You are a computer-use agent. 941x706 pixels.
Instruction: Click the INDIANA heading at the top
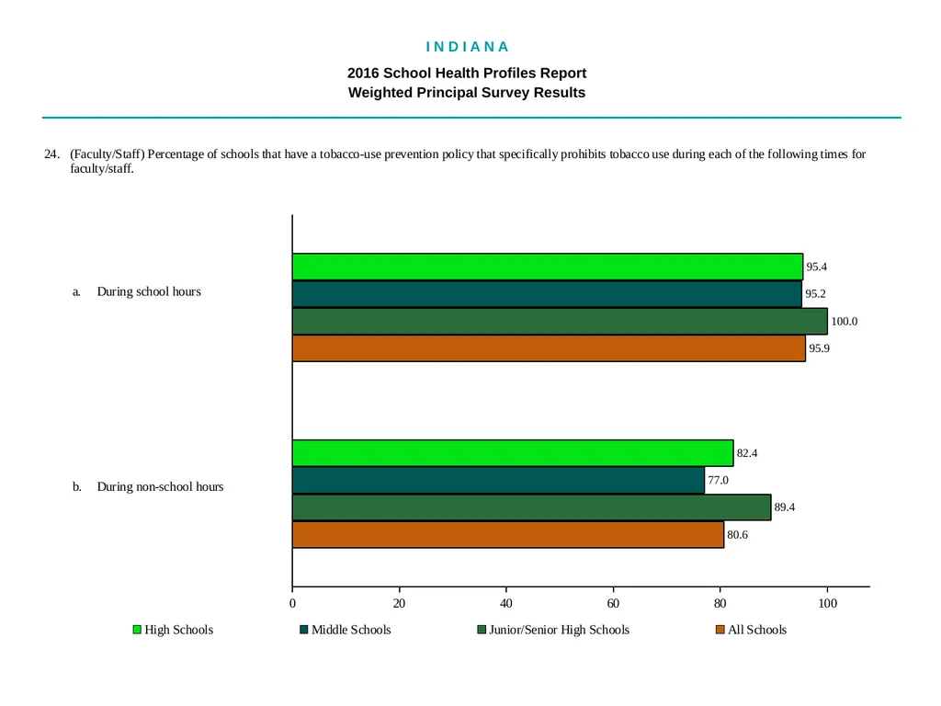pyautogui.click(x=468, y=47)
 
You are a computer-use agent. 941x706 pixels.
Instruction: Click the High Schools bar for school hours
pyautogui.click(x=548, y=267)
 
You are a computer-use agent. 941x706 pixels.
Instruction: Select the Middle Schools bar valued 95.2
pyautogui.click(x=547, y=294)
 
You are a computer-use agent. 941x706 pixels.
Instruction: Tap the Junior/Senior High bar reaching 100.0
pyautogui.click(x=560, y=321)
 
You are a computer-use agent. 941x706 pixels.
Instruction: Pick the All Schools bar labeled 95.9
pyautogui.click(x=549, y=348)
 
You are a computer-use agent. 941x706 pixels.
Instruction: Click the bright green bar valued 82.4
pyautogui.click(x=513, y=452)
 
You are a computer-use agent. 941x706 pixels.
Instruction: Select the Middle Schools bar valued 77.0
pyautogui.click(x=498, y=480)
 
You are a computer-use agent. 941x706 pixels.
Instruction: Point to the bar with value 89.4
pyautogui.click(x=532, y=507)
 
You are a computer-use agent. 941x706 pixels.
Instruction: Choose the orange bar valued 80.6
pyautogui.click(x=507, y=534)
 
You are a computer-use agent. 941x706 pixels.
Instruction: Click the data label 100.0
pyautogui.click(x=844, y=321)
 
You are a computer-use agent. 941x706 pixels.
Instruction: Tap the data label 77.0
pyautogui.click(x=718, y=480)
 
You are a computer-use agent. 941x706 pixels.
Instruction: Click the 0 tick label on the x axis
pyautogui.click(x=292, y=603)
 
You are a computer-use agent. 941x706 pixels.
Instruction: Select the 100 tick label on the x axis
pyautogui.click(x=828, y=603)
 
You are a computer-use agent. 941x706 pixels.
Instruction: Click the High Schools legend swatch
pyautogui.click(x=137, y=630)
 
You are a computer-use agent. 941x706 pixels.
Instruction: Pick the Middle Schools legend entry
pyautogui.click(x=346, y=630)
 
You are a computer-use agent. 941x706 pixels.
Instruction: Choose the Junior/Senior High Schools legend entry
pyautogui.click(x=553, y=630)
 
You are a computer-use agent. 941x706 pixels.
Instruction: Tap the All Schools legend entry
pyautogui.click(x=752, y=630)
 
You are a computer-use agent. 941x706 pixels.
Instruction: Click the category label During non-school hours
pyautogui.click(x=160, y=487)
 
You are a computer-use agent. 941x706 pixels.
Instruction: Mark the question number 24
pyautogui.click(x=51, y=154)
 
